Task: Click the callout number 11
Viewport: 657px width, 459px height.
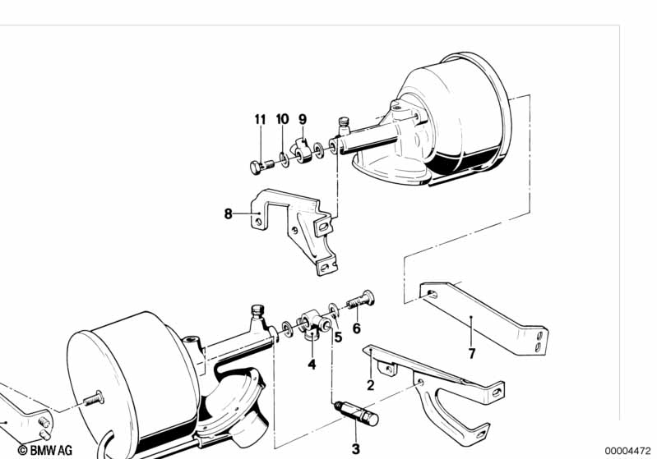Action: tap(260, 119)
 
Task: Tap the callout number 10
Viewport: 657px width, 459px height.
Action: tap(282, 119)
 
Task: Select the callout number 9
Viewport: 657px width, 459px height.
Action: tap(303, 119)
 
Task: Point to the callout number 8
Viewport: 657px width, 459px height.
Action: tap(228, 215)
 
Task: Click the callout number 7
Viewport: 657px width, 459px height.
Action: tap(471, 355)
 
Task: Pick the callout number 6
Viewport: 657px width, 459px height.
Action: tap(356, 328)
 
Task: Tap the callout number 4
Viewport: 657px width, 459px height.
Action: tap(312, 364)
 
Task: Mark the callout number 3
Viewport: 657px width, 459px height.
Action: tap(356, 449)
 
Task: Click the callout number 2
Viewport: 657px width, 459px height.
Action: tap(370, 383)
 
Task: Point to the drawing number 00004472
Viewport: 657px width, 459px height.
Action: tap(629, 449)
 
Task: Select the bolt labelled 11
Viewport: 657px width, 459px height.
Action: tap(259, 166)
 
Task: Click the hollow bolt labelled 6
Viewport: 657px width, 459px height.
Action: tap(359, 301)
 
